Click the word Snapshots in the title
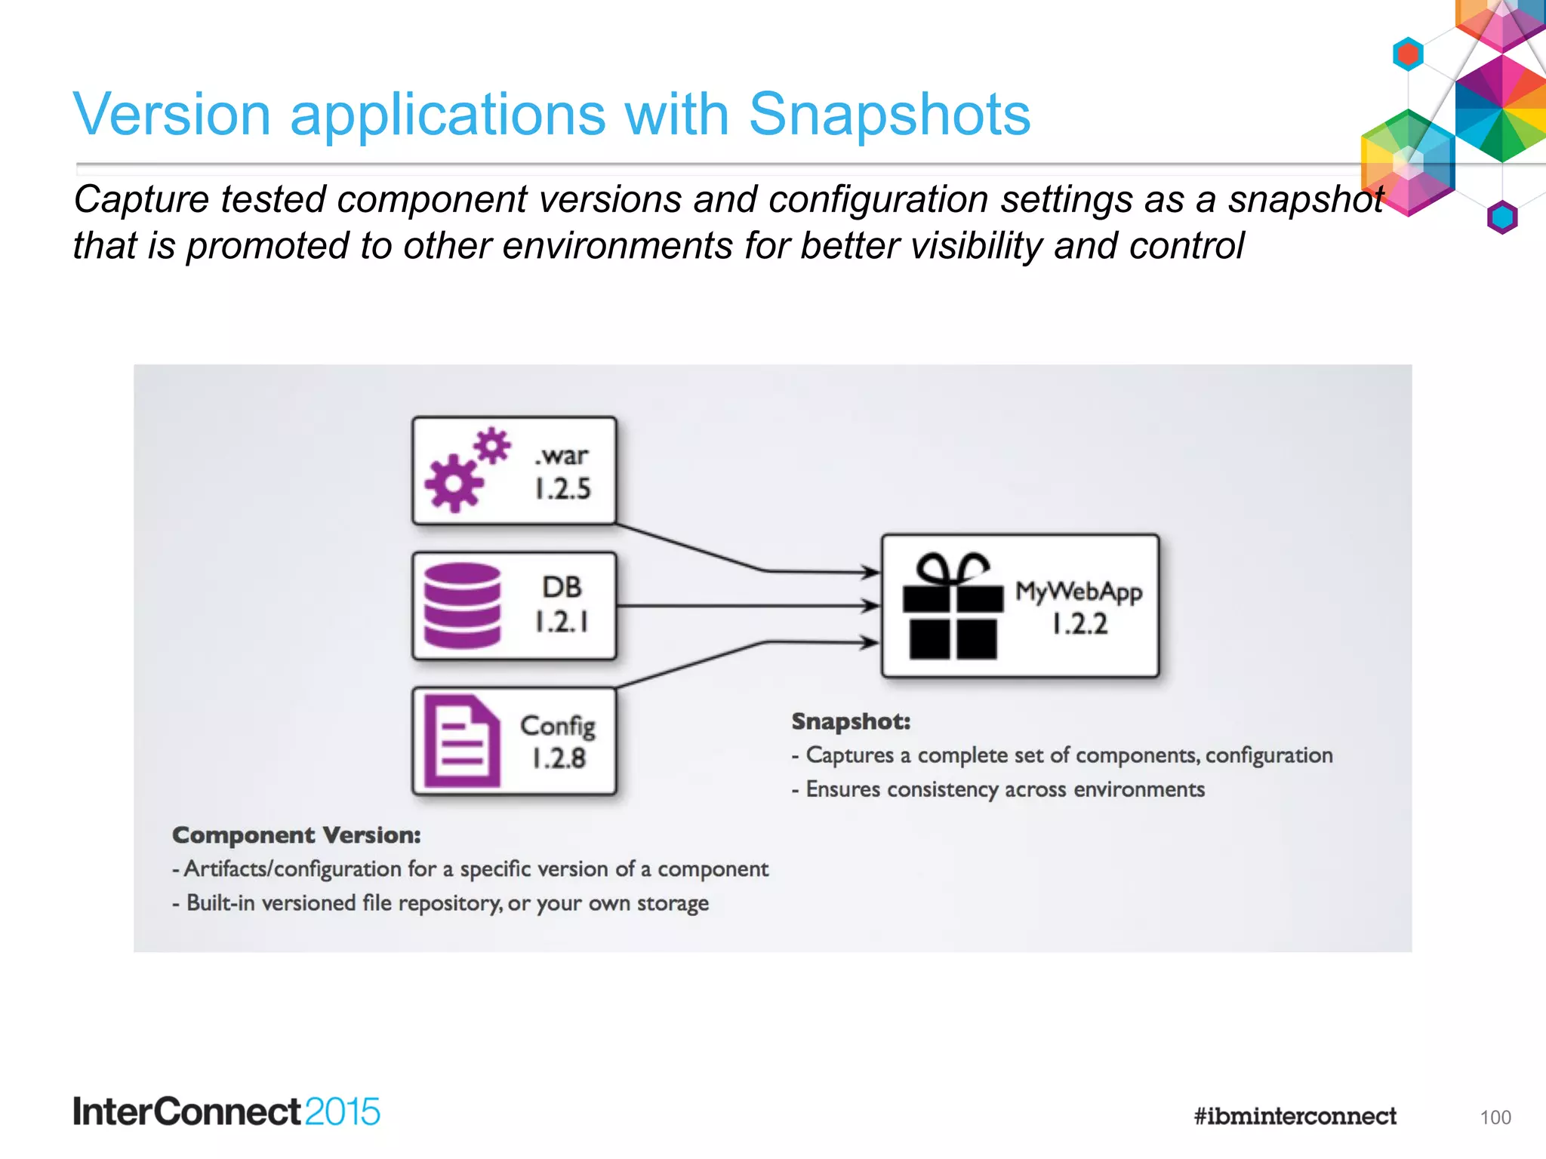pyautogui.click(x=888, y=115)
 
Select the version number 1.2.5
pyautogui.click(x=562, y=489)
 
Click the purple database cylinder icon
pyautogui.click(x=462, y=606)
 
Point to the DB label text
pyautogui.click(x=562, y=587)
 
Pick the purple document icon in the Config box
pyautogui.click(x=461, y=741)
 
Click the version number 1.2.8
pyautogui.click(x=559, y=758)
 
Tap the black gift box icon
pyautogui.click(x=953, y=607)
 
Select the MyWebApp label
pyautogui.click(x=1078, y=592)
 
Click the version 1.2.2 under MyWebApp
pyautogui.click(x=1079, y=624)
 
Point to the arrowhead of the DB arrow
pyautogui.click(x=871, y=605)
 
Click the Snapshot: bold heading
pyautogui.click(x=851, y=722)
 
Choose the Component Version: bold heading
pyautogui.click(x=296, y=835)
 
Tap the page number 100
pyautogui.click(x=1495, y=1117)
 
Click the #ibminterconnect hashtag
pyautogui.click(x=1295, y=1116)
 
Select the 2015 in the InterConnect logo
pyautogui.click(x=342, y=1112)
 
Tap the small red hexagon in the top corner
pyautogui.click(x=1408, y=54)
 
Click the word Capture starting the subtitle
pyautogui.click(x=140, y=200)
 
